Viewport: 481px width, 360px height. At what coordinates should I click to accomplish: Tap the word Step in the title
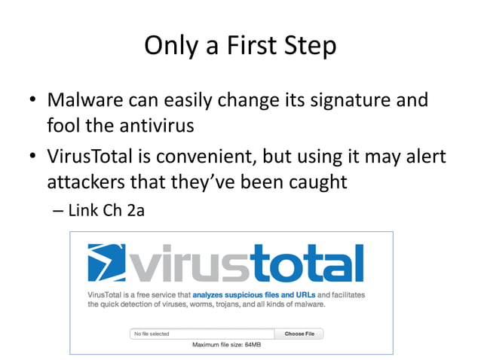(309, 46)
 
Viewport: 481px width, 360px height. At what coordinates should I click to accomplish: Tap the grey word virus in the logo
(194, 264)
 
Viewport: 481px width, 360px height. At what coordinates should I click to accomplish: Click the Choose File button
(299, 334)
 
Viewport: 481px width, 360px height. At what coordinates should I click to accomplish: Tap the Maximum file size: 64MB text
(225, 346)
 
